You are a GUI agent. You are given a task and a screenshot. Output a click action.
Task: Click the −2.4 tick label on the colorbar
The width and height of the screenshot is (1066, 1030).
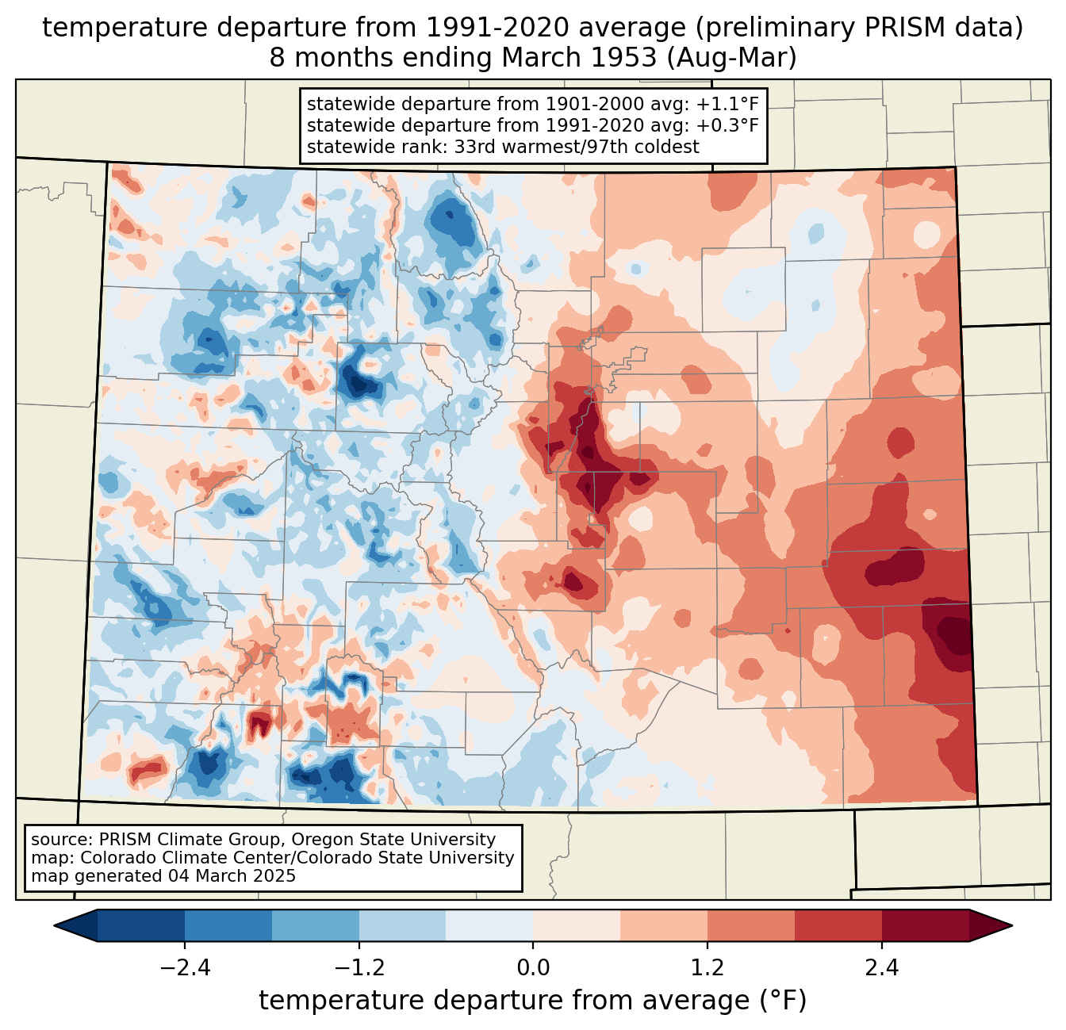point(185,968)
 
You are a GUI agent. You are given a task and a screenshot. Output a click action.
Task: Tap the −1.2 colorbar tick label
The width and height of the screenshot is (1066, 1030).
point(359,968)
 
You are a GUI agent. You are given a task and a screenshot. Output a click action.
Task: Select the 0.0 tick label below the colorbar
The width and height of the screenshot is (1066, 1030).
point(533,968)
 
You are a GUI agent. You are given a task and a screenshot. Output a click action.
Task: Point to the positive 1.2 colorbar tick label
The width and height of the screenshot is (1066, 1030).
point(707,968)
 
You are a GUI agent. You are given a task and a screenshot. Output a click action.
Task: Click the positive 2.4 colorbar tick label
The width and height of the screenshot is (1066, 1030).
point(882,968)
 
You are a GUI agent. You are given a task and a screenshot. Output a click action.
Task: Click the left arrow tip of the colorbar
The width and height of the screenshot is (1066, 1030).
point(54,926)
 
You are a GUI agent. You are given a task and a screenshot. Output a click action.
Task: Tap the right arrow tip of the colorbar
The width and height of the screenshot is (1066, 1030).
point(1012,926)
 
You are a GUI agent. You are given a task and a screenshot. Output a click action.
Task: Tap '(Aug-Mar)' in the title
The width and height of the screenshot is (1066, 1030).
point(731,58)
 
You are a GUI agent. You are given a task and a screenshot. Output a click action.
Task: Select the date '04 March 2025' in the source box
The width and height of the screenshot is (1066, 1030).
point(232,875)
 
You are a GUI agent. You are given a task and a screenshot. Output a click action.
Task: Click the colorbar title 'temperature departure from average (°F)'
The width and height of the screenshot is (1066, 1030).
point(533,1001)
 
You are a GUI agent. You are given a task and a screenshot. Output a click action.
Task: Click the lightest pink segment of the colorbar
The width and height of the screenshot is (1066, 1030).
point(577,926)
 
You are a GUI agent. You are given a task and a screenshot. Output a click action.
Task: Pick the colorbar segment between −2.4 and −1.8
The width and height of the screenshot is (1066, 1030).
point(228,926)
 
